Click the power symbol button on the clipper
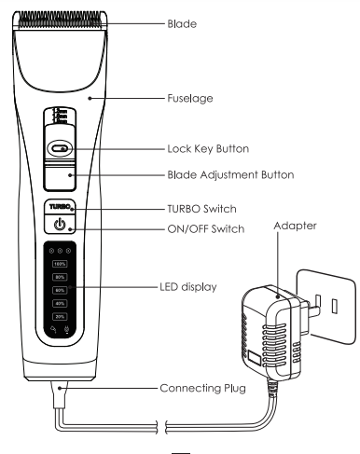(x=59, y=225)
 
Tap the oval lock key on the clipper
(x=59, y=147)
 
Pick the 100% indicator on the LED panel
(x=59, y=266)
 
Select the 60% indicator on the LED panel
(x=59, y=290)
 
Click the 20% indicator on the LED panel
(x=59, y=315)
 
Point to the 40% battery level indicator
(x=59, y=303)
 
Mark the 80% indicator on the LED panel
(x=59, y=278)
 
